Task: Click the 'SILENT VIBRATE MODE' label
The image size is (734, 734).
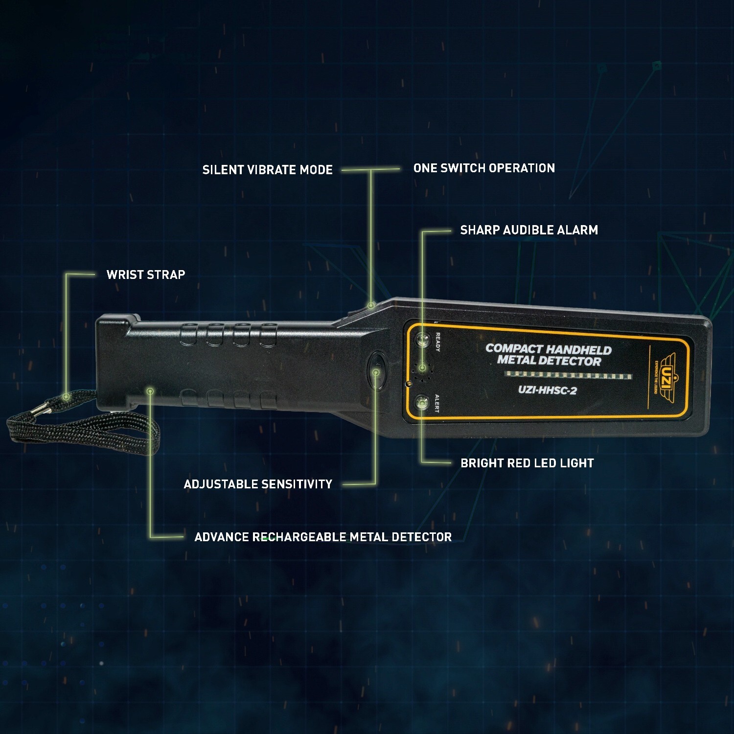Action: (x=268, y=170)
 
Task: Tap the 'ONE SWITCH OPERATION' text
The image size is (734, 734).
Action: (x=484, y=168)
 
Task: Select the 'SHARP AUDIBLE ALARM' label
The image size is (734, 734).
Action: (x=529, y=230)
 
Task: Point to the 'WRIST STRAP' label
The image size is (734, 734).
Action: (x=146, y=275)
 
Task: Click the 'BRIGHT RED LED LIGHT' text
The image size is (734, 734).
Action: (x=527, y=463)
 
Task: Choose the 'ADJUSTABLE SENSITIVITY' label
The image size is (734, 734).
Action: (x=258, y=484)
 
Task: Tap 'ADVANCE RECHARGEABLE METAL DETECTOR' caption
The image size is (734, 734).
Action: (x=323, y=537)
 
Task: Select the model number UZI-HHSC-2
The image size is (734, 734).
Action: (x=547, y=390)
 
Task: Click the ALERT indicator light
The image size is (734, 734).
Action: (x=421, y=402)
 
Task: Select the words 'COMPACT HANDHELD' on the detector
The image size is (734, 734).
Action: (x=549, y=349)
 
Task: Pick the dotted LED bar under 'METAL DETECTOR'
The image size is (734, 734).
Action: (x=568, y=375)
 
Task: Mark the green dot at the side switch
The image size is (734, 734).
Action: (x=371, y=305)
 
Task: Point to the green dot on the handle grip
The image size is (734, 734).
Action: (x=150, y=390)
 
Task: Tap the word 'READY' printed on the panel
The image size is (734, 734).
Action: (x=438, y=342)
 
